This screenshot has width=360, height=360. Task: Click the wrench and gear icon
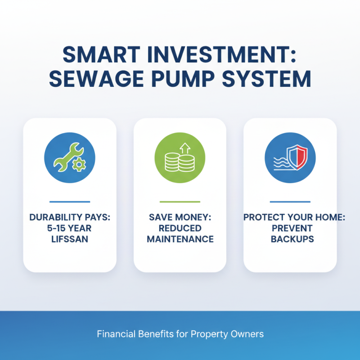point(69,157)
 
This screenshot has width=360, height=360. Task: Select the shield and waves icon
point(290,157)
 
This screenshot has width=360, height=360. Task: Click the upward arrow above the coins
point(184,147)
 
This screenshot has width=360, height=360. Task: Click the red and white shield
point(297,158)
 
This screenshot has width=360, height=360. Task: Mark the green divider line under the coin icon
point(180,202)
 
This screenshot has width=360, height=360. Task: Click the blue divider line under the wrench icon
point(69,202)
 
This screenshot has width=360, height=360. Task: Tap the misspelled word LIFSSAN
point(69,239)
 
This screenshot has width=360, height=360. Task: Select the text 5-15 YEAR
point(69,228)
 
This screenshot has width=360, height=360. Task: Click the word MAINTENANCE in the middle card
point(180,239)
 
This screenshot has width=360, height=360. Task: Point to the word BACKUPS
point(290,239)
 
